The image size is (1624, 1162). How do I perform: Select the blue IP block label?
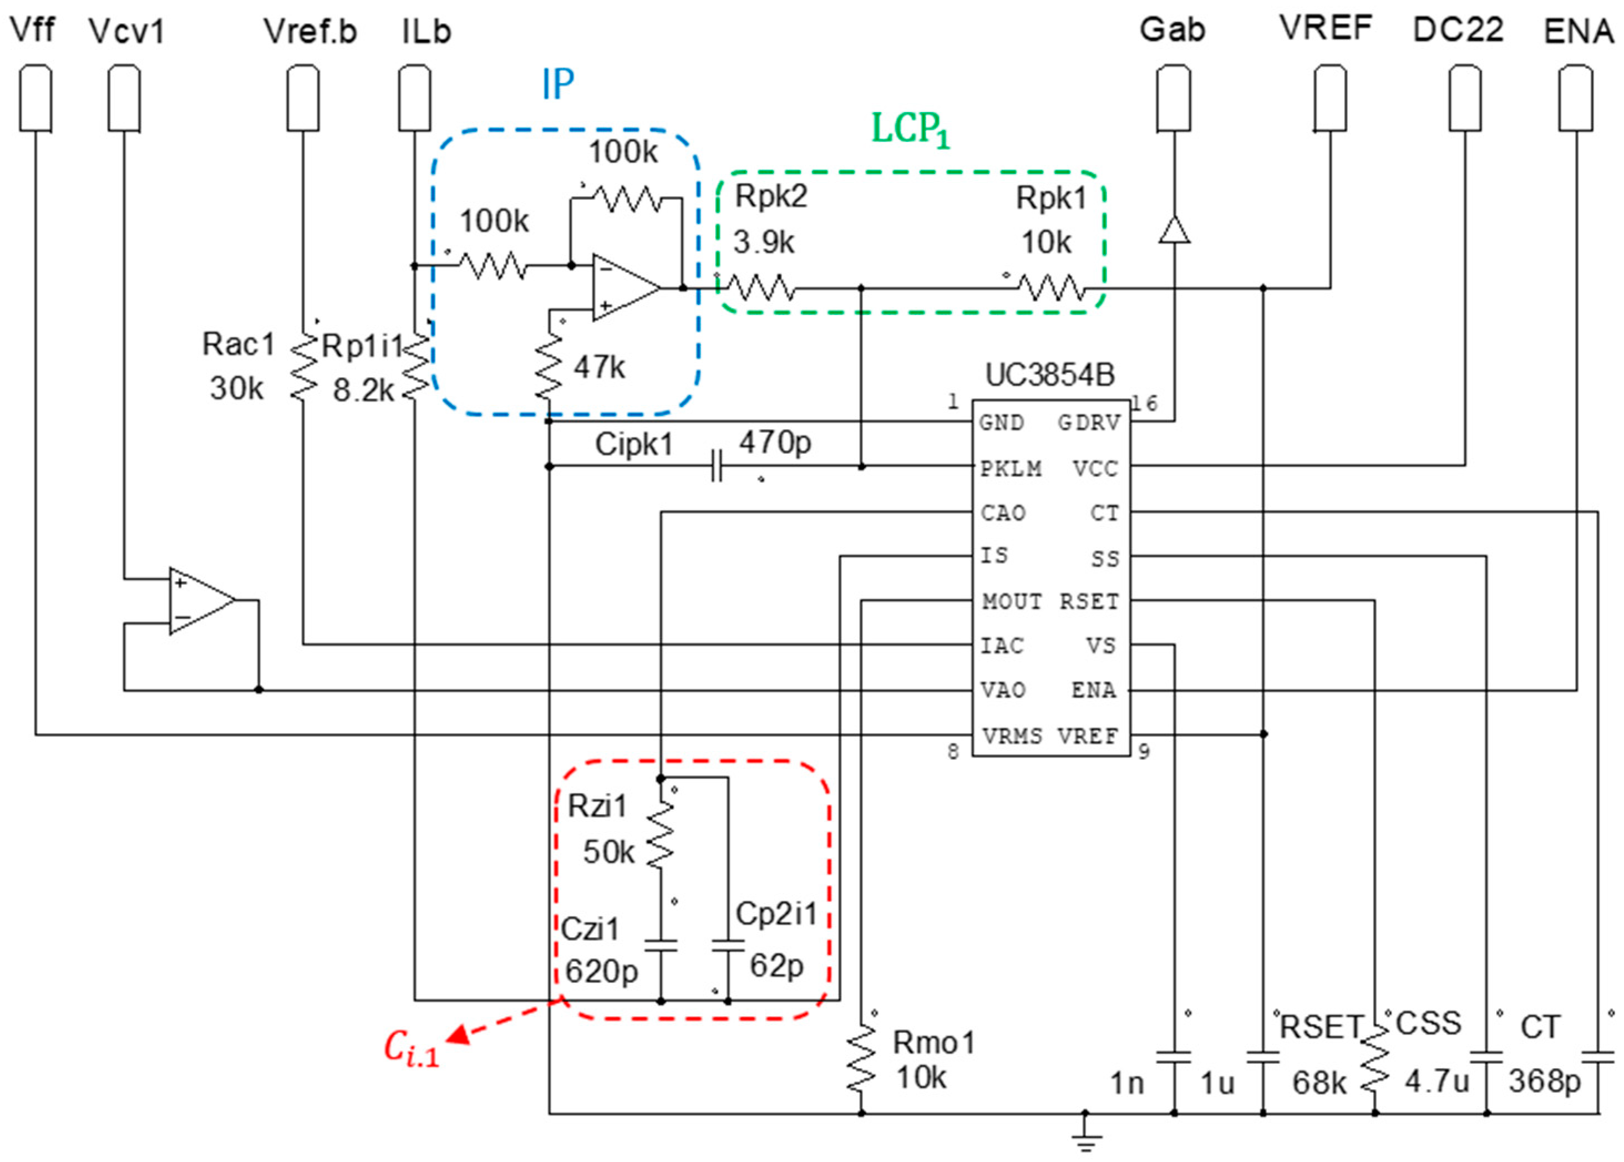pos(557,84)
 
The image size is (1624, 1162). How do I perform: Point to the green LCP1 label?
pos(910,131)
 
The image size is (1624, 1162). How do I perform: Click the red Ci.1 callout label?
pos(410,1049)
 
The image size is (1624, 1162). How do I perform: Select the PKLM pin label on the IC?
pos(1010,469)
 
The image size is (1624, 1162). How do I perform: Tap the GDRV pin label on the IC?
pos(1088,423)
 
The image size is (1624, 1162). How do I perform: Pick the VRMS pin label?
pos(1012,735)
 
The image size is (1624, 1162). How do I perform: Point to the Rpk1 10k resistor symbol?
pos(1052,288)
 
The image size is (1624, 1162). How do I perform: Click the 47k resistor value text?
pos(600,367)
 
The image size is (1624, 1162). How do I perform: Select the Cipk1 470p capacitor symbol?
pos(717,466)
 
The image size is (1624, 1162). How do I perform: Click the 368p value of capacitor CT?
pos(1544,1081)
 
